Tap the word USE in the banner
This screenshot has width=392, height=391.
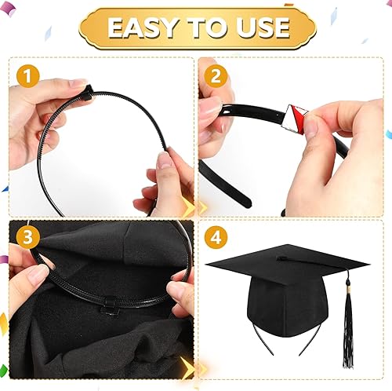point(263,27)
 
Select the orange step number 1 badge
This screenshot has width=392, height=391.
point(28,77)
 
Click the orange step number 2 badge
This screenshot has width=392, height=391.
point(216,77)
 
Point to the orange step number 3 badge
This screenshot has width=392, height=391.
point(28,237)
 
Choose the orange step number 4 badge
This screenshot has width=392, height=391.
point(216,237)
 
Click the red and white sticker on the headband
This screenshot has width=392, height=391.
point(296,119)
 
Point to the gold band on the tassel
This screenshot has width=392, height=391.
point(349,289)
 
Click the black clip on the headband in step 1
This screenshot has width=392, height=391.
point(87,92)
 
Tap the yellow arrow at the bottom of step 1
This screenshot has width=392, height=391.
point(188,209)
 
